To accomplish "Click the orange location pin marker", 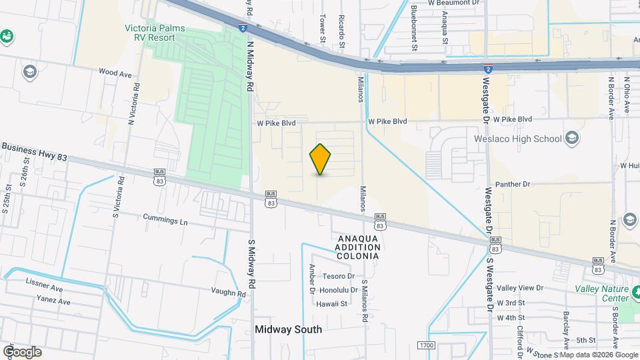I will [x=321, y=159].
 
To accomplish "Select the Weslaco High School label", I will [x=517, y=139].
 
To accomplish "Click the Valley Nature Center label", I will [x=602, y=293].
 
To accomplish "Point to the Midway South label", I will [x=288, y=329].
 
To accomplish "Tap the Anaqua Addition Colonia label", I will [x=359, y=247].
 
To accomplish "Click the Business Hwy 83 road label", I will [x=35, y=151].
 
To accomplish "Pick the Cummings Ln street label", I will [x=165, y=218].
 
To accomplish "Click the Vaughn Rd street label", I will [x=229, y=293].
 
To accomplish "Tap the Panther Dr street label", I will [x=512, y=184].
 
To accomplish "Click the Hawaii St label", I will [x=333, y=303].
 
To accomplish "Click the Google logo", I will [x=22, y=351].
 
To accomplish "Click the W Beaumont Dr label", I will [x=453, y=3].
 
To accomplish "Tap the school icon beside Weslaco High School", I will [x=571, y=138].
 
